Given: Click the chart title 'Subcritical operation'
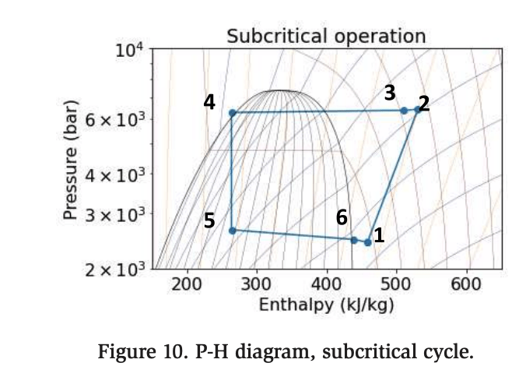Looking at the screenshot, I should click(x=326, y=36).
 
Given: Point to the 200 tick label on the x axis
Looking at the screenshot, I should click(x=188, y=284).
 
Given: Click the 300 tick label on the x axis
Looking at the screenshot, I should click(x=257, y=284).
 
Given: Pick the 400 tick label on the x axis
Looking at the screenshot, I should click(x=327, y=284).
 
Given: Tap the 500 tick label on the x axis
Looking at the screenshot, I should click(x=397, y=284).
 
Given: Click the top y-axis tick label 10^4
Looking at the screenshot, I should click(x=129, y=51).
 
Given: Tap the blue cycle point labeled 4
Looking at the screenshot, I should click(x=232, y=113).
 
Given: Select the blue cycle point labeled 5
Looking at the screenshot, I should click(x=232, y=230).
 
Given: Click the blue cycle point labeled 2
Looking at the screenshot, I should click(x=417, y=110).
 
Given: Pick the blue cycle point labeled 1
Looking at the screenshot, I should click(x=367, y=242).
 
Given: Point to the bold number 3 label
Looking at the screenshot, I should click(x=390, y=93).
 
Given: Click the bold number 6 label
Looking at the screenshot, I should click(x=342, y=218).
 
